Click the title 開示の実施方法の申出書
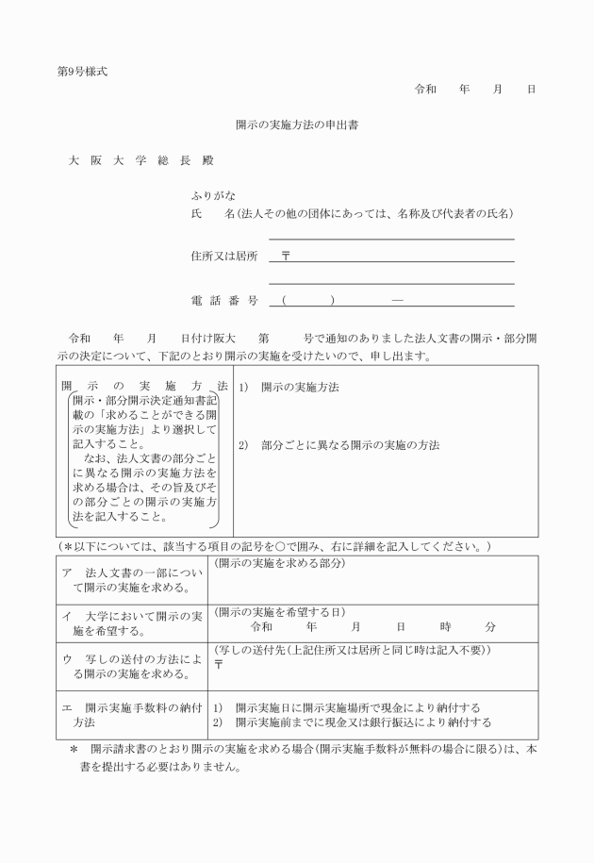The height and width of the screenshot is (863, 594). (302, 124)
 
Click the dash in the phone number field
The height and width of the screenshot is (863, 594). (397, 301)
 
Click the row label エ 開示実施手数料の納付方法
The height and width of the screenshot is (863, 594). (126, 715)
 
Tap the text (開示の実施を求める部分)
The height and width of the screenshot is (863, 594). (279, 563)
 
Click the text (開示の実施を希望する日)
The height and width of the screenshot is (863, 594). (279, 611)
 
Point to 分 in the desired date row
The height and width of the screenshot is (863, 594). (490, 626)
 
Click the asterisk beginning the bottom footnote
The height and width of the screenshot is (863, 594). (74, 749)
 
